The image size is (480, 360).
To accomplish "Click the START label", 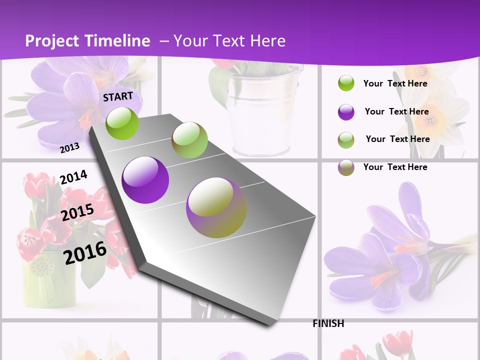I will [x=118, y=96].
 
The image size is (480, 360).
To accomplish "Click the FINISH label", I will [x=328, y=323].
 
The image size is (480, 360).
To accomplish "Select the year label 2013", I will [x=69, y=147].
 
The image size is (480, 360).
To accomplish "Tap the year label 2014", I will [x=73, y=177].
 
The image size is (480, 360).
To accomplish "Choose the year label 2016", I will [x=85, y=252].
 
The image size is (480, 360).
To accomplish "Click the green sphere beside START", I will [x=122, y=123].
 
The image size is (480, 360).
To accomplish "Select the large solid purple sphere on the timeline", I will [x=145, y=180].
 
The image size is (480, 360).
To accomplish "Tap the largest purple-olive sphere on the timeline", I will [x=216, y=207].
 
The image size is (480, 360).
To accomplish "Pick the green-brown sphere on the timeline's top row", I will [x=189, y=140].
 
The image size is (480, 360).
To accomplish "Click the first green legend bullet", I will [x=346, y=83].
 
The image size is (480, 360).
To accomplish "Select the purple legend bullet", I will [x=346, y=112].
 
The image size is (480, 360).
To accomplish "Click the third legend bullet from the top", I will [x=346, y=140].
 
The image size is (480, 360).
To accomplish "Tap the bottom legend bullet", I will [x=346, y=167].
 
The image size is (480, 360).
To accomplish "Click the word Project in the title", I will [x=52, y=41].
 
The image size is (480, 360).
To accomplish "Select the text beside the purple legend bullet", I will [x=396, y=111].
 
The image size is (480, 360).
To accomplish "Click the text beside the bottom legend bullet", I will [x=395, y=167].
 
